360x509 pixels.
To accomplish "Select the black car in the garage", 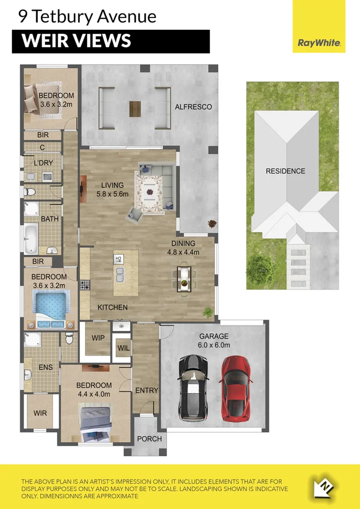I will coord(193,388).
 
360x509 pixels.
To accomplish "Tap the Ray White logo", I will coord(319,42).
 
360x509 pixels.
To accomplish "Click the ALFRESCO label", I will coord(193,106).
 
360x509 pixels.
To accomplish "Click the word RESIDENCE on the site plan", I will coord(285,171).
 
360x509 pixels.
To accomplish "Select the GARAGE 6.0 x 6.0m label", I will coord(214,341).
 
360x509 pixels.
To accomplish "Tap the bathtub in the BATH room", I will coord(31,238).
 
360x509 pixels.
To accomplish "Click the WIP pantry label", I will coord(99,338).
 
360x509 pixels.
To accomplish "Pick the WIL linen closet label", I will coord(123,348).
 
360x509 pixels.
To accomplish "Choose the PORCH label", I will coord(149,439).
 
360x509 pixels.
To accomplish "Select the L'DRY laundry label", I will coord(43,163).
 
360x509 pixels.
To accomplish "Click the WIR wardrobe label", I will coord(40,413).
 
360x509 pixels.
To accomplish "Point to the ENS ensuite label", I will coord(46,367).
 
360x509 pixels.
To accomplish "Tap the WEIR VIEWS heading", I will coord(76,41).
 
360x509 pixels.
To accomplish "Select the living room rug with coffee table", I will coord(149,193).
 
